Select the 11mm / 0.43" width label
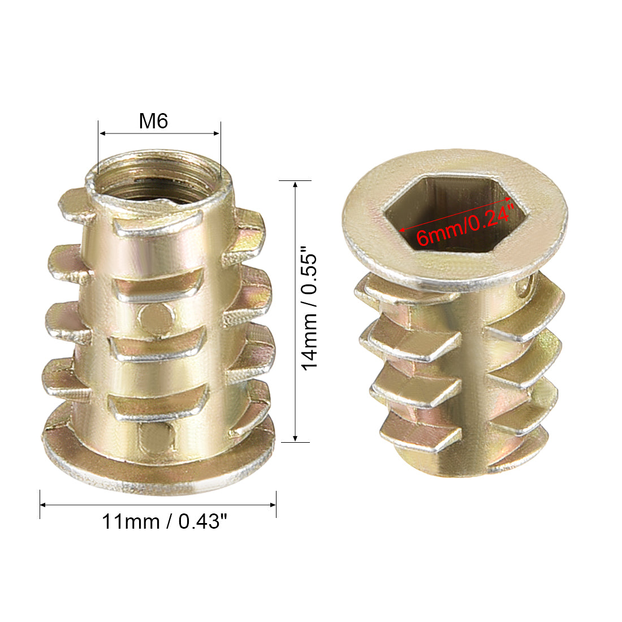pyautogui.click(x=165, y=521)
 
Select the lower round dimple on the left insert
pyautogui.click(x=156, y=437)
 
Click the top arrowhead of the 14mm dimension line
pyautogui.click(x=295, y=184)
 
